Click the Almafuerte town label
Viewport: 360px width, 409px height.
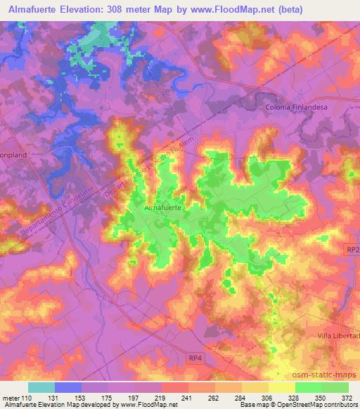tap(165, 209)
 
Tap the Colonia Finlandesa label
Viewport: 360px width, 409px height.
tap(297, 107)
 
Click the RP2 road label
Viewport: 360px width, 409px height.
tap(352, 251)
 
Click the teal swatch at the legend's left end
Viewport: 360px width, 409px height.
tap(41, 387)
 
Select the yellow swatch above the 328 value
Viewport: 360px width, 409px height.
tap(281, 387)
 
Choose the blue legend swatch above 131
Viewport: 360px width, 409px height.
tap(67, 387)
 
